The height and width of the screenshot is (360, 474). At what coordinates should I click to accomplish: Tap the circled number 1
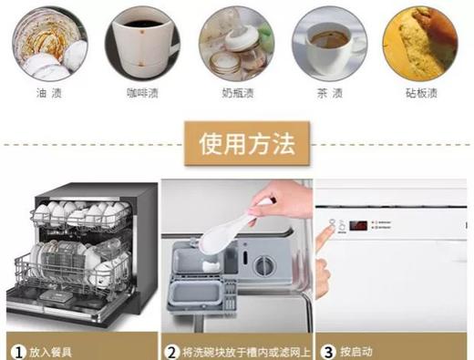tap(17, 349)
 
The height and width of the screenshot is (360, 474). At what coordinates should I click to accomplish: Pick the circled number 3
tap(325, 349)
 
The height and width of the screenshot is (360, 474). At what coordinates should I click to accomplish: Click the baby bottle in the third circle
tap(233, 46)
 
